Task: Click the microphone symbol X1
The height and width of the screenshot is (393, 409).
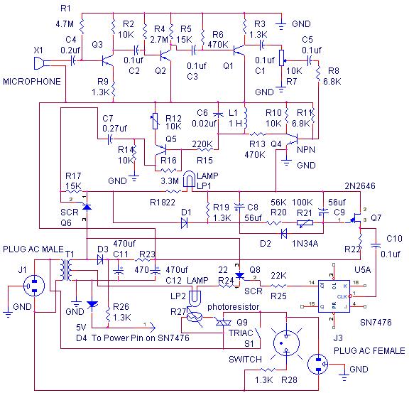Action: point(39,63)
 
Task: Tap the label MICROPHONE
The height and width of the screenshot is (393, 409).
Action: point(32,82)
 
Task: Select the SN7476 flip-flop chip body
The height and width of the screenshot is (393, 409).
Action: point(334,296)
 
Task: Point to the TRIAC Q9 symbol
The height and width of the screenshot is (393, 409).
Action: point(224,323)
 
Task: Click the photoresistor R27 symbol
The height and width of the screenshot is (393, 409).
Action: point(195,317)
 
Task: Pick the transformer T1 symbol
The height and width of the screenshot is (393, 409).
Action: point(67,270)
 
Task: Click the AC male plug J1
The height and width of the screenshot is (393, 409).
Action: point(34,286)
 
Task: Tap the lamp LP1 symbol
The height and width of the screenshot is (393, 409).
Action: point(189,179)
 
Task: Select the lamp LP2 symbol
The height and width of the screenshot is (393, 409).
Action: point(195,298)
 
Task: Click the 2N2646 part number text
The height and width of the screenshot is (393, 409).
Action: point(360,186)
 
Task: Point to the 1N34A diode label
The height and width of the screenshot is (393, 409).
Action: point(305,244)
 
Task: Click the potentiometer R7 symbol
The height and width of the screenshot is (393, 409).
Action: point(282,58)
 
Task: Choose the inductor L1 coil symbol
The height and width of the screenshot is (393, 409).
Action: point(245,118)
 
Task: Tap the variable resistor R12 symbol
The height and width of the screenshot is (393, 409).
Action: point(156,121)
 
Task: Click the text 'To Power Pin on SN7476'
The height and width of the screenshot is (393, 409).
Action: point(141,338)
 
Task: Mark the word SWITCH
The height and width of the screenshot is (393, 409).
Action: point(245,360)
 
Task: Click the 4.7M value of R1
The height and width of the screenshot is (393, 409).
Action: point(65,24)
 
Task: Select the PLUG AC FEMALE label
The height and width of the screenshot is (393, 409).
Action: point(369,350)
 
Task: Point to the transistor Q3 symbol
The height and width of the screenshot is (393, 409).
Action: point(108,60)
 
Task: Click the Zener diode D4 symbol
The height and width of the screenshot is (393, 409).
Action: point(92,304)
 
